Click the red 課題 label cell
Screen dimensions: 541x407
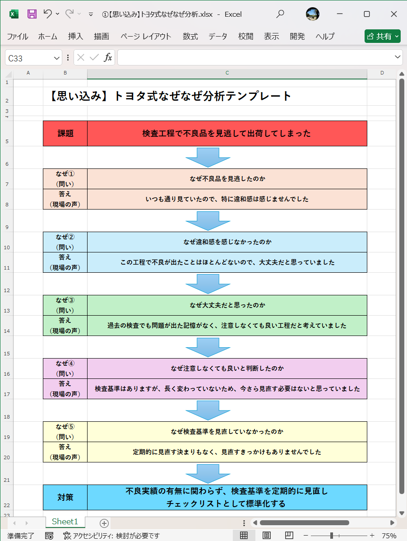[65, 133]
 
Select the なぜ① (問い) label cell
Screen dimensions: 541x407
[65, 179]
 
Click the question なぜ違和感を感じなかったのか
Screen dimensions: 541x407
[227, 242]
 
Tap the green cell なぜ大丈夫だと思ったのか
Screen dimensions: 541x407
[227, 305]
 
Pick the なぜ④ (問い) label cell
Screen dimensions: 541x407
[65, 368]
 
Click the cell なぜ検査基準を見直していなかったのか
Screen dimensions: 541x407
[227, 432]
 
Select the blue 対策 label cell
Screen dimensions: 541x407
[65, 497]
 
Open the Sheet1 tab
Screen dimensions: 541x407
[65, 522]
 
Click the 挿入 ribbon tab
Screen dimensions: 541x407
[75, 37]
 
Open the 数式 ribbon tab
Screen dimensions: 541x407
[190, 37]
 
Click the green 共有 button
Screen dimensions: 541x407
[382, 36]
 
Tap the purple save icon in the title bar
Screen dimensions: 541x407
[32, 14]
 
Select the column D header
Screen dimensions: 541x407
[382, 73]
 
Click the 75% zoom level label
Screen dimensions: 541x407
[389, 536]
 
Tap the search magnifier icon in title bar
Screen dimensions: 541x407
[280, 14]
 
